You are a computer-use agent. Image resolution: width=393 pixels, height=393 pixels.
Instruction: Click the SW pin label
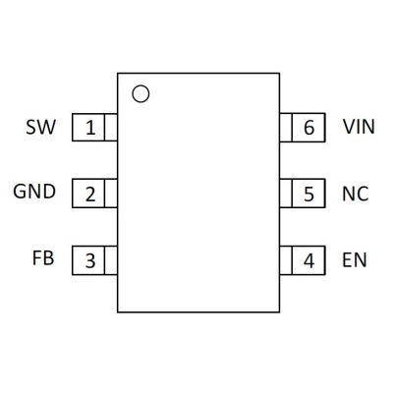point(41,127)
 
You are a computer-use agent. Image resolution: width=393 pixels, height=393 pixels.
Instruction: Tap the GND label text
point(34,192)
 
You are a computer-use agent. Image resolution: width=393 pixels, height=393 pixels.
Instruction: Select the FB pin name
point(43,257)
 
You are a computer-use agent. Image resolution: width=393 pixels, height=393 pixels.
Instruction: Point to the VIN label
point(359,127)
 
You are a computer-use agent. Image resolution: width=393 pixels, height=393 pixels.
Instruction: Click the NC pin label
point(356,194)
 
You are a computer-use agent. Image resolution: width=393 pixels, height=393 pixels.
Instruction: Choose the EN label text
point(355,260)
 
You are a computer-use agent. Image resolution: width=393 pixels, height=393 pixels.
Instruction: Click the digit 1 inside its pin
point(90,128)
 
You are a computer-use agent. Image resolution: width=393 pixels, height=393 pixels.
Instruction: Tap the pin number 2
point(90,195)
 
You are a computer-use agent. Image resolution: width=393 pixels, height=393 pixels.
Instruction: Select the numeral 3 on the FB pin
point(90,261)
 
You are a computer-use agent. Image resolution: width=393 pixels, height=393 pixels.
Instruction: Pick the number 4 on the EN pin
point(309,260)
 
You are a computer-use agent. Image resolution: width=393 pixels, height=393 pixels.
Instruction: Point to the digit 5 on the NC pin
point(309,194)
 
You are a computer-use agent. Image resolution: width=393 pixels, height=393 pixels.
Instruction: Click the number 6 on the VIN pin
point(309,128)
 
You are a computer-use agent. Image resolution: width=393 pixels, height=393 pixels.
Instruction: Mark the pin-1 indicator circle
point(140,86)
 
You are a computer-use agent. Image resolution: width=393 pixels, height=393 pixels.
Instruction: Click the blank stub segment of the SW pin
point(111,128)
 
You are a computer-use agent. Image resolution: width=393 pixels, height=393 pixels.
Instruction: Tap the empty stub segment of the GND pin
point(111,194)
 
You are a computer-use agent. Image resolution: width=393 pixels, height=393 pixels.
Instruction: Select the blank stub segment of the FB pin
point(111,260)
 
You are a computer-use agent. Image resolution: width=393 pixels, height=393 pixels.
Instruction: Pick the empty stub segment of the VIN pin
point(286,128)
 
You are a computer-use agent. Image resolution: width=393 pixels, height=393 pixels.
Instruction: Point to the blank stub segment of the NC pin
point(286,194)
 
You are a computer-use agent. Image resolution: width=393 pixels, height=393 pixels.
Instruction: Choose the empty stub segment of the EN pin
point(286,260)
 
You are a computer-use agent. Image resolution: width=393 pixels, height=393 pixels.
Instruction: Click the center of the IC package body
point(198,193)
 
